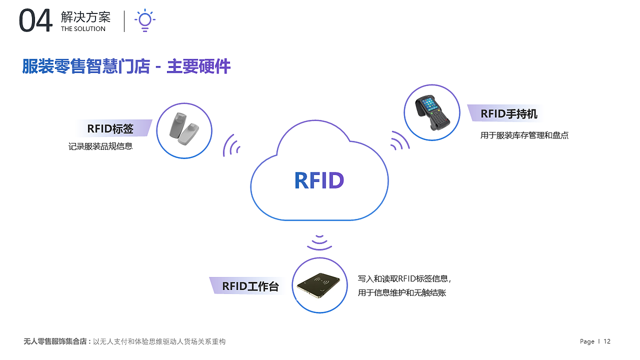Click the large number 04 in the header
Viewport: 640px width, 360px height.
(x=35, y=21)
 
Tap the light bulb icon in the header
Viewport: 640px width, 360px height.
(x=144, y=20)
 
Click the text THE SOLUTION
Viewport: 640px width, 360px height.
(x=83, y=29)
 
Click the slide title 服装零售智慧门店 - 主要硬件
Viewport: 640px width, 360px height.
(x=126, y=66)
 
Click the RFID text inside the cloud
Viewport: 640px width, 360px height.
(x=319, y=180)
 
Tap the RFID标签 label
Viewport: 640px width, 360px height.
(x=110, y=128)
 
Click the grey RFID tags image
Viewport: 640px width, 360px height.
(x=183, y=130)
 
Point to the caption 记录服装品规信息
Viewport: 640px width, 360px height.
(x=100, y=147)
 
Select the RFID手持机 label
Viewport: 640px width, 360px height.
(x=508, y=113)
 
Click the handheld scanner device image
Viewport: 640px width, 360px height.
(x=432, y=112)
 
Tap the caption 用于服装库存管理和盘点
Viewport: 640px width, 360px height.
(x=524, y=135)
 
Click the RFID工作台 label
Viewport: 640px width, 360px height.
(x=250, y=286)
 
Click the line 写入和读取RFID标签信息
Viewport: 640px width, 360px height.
(x=405, y=279)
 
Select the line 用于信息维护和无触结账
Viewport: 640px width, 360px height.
(x=401, y=293)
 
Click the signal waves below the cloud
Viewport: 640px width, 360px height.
(x=319, y=242)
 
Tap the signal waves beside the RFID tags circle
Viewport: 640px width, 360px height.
(x=231, y=146)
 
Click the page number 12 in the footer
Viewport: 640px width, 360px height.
(x=607, y=341)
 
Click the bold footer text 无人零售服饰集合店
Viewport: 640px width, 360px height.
(x=55, y=341)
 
